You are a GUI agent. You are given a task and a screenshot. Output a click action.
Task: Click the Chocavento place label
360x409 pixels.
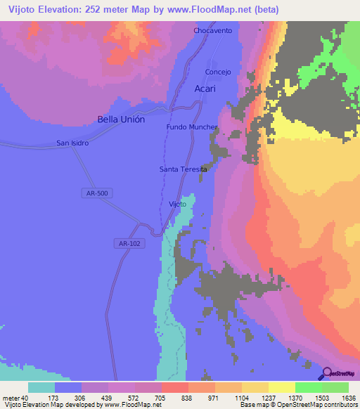coord(212,31)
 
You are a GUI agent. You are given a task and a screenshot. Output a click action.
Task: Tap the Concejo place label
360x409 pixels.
coord(218,72)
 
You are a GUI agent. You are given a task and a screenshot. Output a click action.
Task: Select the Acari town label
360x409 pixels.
coord(205,89)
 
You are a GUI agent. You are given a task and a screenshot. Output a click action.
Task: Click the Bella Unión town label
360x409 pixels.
coord(121,119)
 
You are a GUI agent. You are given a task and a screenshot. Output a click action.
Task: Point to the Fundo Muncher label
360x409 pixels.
coord(192,127)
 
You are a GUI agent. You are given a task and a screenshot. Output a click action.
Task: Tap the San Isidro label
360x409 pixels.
coord(72,143)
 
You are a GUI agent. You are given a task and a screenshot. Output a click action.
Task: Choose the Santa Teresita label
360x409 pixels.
coord(184,169)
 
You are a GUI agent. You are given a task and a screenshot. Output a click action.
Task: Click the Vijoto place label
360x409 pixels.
coord(178,204)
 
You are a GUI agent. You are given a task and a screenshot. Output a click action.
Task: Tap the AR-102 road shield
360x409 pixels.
coord(124,243)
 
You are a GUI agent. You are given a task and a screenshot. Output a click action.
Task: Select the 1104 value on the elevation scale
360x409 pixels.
coord(241,397)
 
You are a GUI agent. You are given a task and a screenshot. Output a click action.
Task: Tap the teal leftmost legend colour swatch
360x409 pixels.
coord(41,387)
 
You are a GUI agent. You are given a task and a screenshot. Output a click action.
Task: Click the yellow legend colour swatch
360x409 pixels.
coord(281,387)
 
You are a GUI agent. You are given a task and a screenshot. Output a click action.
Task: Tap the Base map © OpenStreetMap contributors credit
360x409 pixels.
coord(297,405)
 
